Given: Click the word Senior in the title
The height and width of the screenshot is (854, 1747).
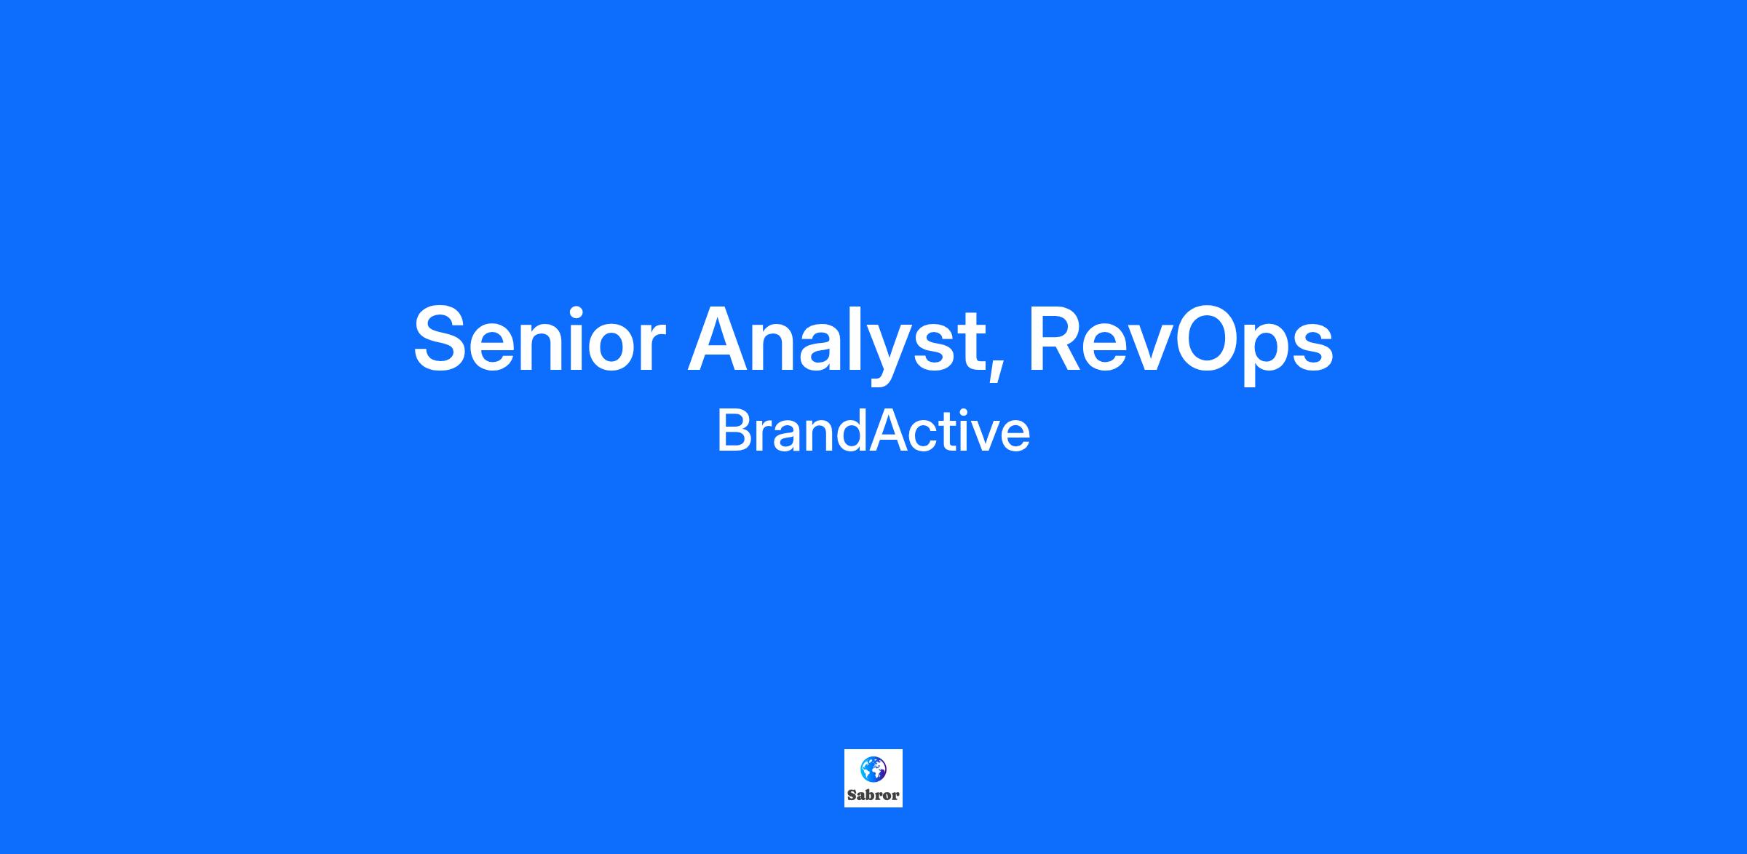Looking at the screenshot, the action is click(x=539, y=339).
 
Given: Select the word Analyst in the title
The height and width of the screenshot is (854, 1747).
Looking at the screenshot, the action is click(x=835, y=343).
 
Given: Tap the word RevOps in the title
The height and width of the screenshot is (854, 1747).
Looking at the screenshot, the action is click(x=1180, y=343).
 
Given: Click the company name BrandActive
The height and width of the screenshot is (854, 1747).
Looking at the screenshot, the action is click(x=873, y=431).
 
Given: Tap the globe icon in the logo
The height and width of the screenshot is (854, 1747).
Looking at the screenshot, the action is click(x=873, y=769).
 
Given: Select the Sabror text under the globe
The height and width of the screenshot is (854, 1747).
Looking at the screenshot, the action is click(x=873, y=795).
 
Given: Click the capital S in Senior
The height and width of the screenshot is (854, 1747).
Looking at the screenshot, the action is click(x=440, y=339).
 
